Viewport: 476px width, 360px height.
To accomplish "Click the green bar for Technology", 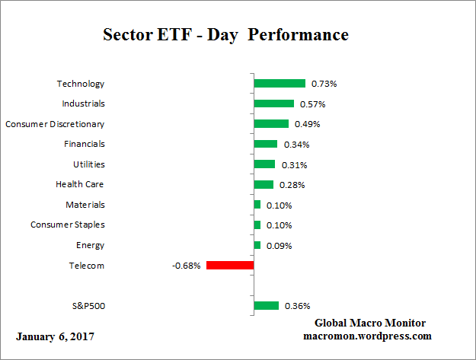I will point(280,84).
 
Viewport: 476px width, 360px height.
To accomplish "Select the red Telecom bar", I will point(230,266).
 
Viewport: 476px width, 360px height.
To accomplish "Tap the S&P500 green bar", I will point(267,306).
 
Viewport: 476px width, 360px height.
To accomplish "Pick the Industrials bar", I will point(273,104).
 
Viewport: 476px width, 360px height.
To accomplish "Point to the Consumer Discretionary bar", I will point(271,124).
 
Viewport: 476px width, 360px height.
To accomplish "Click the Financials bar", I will point(266,144).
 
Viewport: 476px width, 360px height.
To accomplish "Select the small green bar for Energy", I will point(257,245).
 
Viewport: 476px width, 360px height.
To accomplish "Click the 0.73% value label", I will point(324,84).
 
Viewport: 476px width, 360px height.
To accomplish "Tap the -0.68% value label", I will point(187,266).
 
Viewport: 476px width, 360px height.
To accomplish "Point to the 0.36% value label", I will point(296,306).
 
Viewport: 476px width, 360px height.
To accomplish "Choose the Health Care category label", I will point(79,184).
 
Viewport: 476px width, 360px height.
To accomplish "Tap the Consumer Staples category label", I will point(68,225).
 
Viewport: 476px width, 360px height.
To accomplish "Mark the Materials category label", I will point(85,205).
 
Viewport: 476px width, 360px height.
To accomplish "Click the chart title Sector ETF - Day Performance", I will point(225,35).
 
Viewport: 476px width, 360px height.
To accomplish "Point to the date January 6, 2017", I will point(56,336).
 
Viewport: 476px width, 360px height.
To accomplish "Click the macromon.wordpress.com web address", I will point(367,336).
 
